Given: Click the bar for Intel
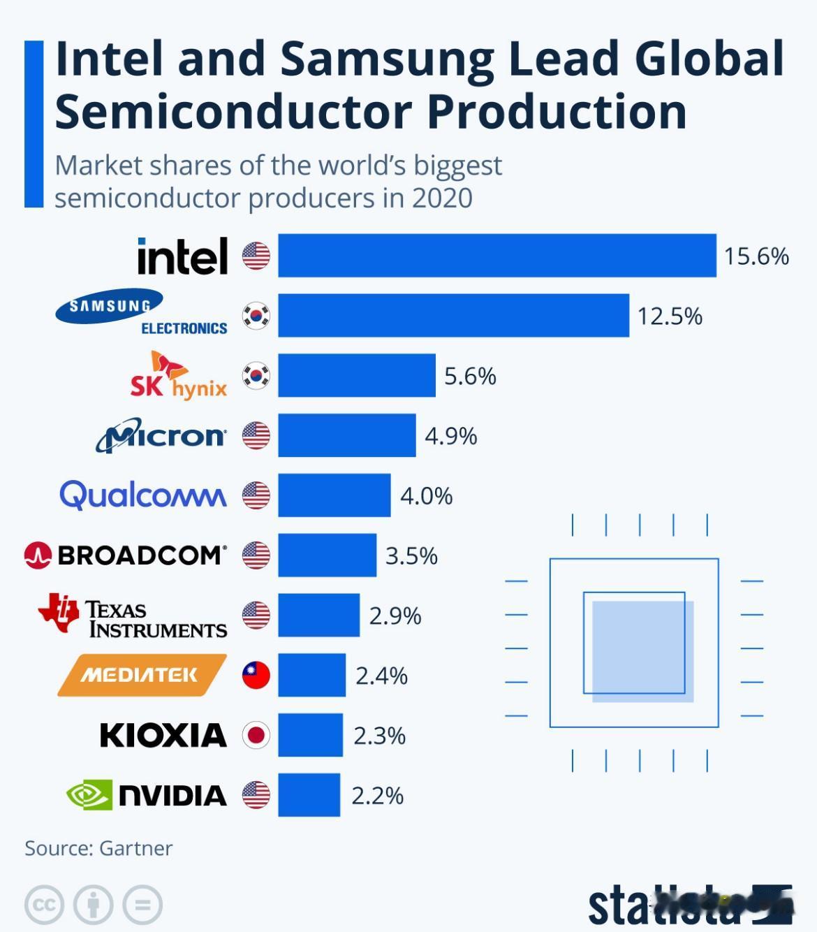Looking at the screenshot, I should [x=496, y=256].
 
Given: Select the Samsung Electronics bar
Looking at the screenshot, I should [x=453, y=316].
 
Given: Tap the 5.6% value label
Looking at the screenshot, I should [x=470, y=377].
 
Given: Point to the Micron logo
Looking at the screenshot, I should [x=161, y=435].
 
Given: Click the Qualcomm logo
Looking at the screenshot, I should [x=143, y=495].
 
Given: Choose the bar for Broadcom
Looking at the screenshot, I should [x=327, y=555].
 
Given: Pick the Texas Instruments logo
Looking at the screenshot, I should [x=133, y=616].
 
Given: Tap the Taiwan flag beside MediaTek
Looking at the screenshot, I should [x=256, y=675].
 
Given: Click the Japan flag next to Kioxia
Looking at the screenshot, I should [x=256, y=735].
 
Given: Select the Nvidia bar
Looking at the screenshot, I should [x=309, y=795].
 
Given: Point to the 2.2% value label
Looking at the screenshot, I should [x=377, y=796].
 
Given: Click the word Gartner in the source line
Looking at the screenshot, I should [x=136, y=848].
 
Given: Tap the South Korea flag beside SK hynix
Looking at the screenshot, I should [x=256, y=376].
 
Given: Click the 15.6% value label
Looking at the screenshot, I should [x=756, y=256].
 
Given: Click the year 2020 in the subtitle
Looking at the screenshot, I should [x=442, y=198].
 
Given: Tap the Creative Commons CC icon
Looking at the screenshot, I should [x=44, y=905].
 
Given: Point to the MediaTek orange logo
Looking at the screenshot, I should [x=142, y=675].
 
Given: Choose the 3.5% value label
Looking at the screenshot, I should [x=411, y=556].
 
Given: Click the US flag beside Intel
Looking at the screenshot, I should [x=256, y=256].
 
